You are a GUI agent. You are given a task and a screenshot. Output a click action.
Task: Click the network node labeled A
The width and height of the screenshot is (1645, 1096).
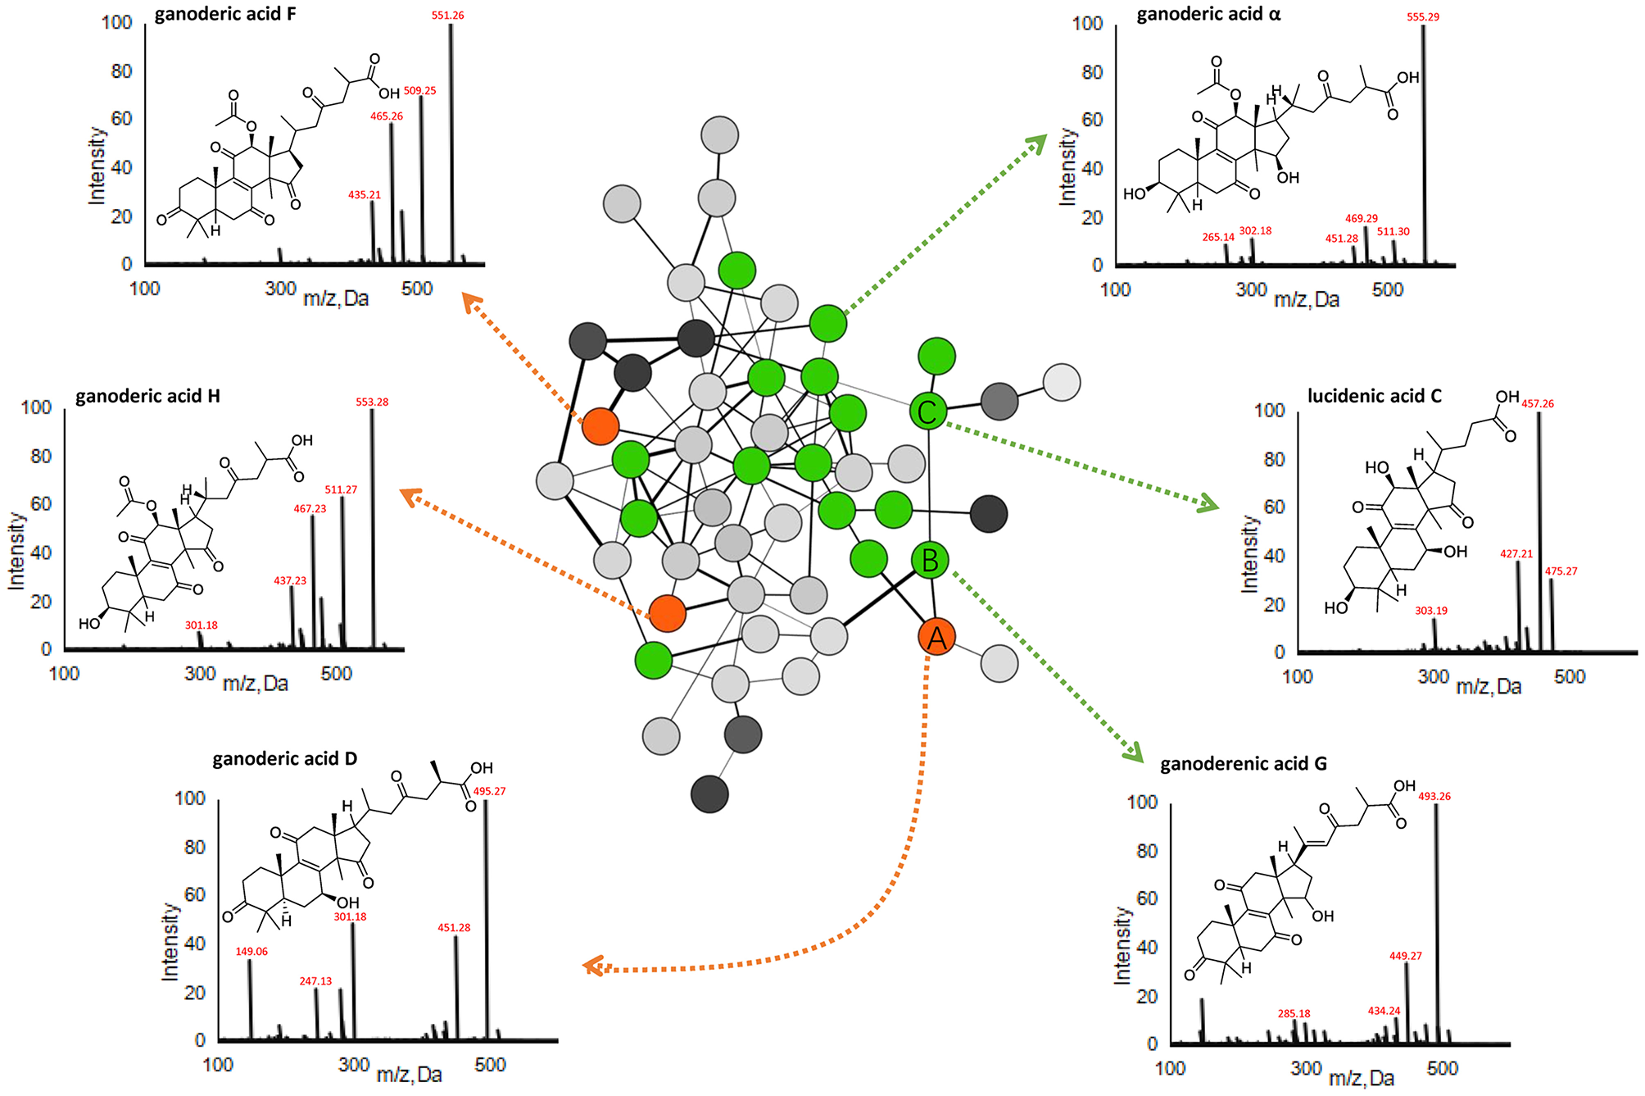(x=936, y=637)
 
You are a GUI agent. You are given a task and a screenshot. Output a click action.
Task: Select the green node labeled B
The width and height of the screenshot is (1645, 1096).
(x=930, y=561)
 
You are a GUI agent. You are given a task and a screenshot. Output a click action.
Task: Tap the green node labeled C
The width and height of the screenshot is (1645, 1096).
(x=928, y=412)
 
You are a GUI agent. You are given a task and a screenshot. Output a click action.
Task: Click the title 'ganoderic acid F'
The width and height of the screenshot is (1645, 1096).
(x=225, y=15)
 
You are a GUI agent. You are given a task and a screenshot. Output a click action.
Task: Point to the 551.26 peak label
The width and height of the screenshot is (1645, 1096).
(x=448, y=16)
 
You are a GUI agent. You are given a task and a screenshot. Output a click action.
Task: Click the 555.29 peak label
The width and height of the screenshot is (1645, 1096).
(x=1423, y=17)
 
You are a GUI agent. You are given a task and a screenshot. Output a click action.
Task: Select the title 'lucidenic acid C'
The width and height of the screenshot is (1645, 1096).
(x=1374, y=397)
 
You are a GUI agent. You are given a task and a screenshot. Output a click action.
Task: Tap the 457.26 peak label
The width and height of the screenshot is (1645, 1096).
(x=1538, y=404)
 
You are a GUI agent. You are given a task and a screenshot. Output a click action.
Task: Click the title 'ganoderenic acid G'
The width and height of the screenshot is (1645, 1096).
(x=1243, y=764)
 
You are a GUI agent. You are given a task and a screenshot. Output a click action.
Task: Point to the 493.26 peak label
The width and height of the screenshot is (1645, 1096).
(x=1434, y=796)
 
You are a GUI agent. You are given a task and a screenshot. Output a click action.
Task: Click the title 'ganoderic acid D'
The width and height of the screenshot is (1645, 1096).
(x=284, y=759)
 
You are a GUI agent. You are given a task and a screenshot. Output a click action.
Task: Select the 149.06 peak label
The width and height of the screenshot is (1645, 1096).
(x=252, y=952)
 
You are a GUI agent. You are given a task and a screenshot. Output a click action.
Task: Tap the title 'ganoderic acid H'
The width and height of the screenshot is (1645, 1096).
(x=147, y=397)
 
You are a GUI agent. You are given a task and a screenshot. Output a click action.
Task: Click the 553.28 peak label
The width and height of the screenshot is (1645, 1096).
(x=372, y=402)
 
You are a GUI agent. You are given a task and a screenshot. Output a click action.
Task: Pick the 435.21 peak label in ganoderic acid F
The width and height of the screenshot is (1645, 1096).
(x=365, y=195)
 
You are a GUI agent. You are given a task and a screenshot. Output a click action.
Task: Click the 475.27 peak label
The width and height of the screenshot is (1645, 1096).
(x=1561, y=571)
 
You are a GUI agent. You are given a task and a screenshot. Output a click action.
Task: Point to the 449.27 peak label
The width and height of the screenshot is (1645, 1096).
(x=1406, y=956)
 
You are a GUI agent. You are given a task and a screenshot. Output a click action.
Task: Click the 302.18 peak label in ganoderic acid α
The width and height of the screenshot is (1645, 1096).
(x=1255, y=231)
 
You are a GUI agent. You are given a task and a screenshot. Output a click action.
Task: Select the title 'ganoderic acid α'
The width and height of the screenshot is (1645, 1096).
(x=1208, y=15)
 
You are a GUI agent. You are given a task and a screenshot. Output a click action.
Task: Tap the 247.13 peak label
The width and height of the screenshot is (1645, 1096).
(x=315, y=981)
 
